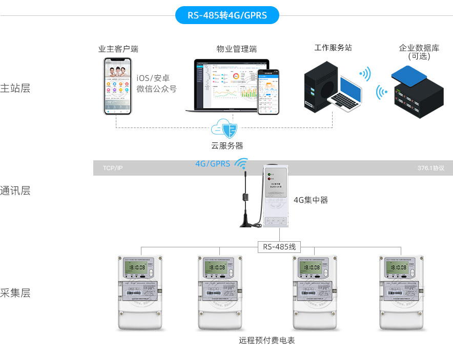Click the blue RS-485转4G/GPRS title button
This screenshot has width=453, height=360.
tap(227, 15)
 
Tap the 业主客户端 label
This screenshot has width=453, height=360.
tap(118, 49)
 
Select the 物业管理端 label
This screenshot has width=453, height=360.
tap(236, 49)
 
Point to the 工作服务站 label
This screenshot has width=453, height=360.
tap(333, 48)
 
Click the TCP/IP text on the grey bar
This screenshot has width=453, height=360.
tap(113, 168)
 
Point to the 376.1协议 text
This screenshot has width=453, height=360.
tap(430, 168)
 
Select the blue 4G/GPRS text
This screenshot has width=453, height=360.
tap(213, 164)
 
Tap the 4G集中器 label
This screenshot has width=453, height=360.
tap(311, 200)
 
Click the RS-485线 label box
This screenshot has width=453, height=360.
tap(279, 247)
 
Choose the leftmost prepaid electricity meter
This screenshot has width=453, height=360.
tap(139, 292)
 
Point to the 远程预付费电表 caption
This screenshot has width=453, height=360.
tap(267, 341)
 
